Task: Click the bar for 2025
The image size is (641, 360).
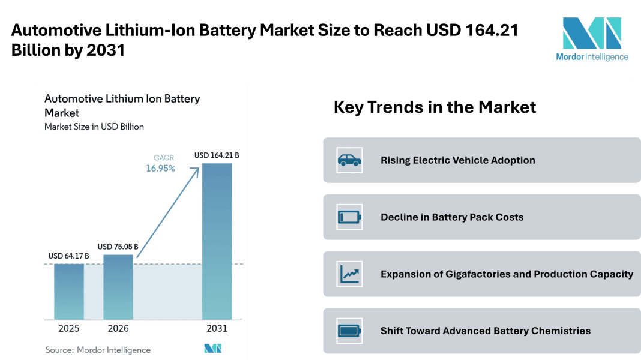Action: point(69,291)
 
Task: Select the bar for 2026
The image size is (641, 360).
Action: point(118,287)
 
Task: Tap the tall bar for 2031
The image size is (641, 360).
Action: point(217,241)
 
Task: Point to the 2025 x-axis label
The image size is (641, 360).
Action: point(69,328)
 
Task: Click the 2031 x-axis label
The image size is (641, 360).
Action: point(217,328)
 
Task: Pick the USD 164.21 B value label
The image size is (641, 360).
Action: point(217,155)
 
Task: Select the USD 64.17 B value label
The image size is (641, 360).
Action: point(68,256)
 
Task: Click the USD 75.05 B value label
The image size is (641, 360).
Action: point(118,247)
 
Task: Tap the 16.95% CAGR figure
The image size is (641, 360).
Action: point(161,169)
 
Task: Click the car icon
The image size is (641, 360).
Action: point(349,160)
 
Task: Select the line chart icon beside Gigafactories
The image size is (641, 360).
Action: point(349,274)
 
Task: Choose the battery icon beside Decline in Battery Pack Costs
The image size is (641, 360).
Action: point(349,217)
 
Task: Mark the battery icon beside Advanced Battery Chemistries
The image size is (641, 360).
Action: point(349,331)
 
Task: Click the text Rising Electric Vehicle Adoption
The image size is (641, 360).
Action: point(457,160)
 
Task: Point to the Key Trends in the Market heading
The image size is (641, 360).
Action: point(435,107)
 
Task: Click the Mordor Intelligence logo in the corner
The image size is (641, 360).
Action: point(591,40)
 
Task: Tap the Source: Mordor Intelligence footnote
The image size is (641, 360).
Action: point(98,350)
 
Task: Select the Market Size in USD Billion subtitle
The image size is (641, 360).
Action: point(94,127)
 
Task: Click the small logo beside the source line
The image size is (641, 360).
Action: point(213,349)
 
